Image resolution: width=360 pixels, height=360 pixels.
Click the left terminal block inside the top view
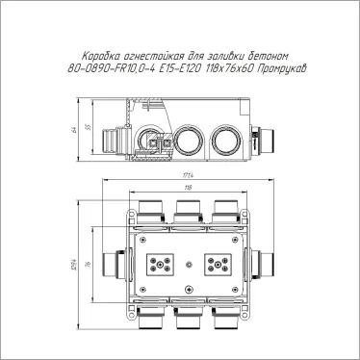[158, 267]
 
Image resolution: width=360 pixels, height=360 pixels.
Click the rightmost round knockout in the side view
[226, 139]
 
